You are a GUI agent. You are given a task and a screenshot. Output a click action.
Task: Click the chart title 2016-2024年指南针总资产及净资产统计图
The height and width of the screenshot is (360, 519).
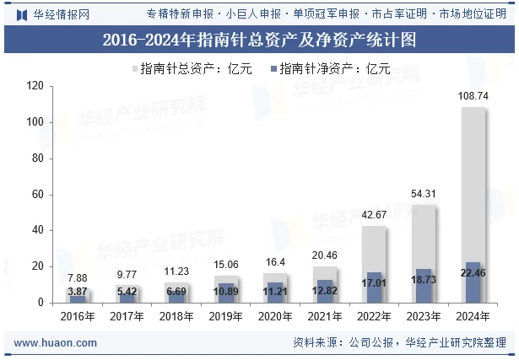259,40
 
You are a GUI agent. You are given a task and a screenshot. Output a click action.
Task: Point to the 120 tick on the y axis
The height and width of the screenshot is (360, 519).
35,86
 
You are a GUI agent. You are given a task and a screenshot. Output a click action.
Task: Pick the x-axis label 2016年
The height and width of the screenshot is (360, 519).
78,316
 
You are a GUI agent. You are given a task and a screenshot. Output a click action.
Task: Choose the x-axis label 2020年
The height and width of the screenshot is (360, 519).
275,316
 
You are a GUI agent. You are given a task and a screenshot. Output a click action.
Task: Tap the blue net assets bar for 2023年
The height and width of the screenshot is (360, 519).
424,286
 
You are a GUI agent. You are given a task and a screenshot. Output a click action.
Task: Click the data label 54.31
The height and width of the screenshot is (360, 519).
424,195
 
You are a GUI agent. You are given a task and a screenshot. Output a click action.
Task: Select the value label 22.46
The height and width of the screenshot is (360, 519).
473,272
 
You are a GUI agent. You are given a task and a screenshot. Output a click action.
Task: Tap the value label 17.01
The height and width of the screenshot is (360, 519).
374,283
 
